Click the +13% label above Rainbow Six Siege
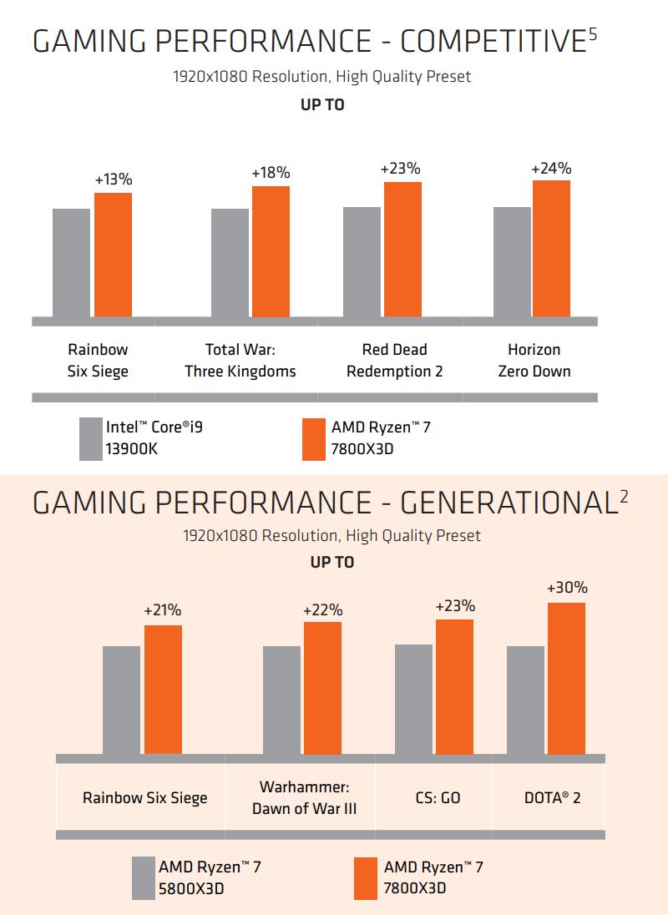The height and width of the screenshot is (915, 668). [x=114, y=179]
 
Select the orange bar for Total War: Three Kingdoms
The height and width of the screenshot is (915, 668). [x=271, y=251]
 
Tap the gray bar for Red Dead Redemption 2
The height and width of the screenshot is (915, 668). [x=362, y=261]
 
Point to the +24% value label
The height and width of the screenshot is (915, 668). [x=551, y=168]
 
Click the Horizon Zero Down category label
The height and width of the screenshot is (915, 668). [x=534, y=361]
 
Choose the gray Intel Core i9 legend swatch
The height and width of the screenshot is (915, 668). [x=90, y=439]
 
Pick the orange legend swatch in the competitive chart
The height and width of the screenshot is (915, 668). [x=314, y=439]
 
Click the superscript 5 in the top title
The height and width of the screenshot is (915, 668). [x=592, y=34]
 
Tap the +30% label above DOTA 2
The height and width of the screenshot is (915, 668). [x=566, y=588]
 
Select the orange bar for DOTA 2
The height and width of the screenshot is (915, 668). [x=566, y=678]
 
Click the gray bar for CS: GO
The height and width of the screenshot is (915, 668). [x=413, y=699]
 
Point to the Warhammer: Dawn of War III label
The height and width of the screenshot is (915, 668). [x=304, y=798]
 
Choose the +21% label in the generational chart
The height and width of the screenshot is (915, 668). [x=163, y=610]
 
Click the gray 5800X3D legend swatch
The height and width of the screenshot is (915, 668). [x=144, y=877]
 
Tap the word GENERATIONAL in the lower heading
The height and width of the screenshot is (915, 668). [x=509, y=503]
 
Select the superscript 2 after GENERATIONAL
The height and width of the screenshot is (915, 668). [x=624, y=497]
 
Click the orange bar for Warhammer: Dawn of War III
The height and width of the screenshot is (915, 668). [x=322, y=687]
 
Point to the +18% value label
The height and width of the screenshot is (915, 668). [x=271, y=173]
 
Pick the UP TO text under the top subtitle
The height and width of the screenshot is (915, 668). [x=322, y=105]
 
